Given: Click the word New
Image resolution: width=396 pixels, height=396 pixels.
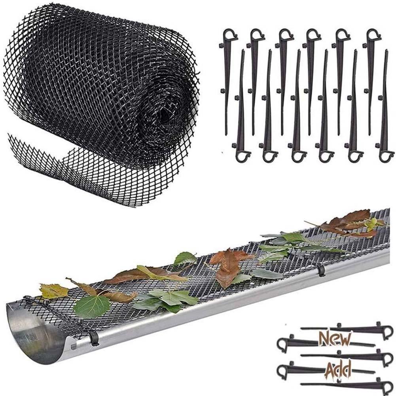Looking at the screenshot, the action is [x=335, y=339].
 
